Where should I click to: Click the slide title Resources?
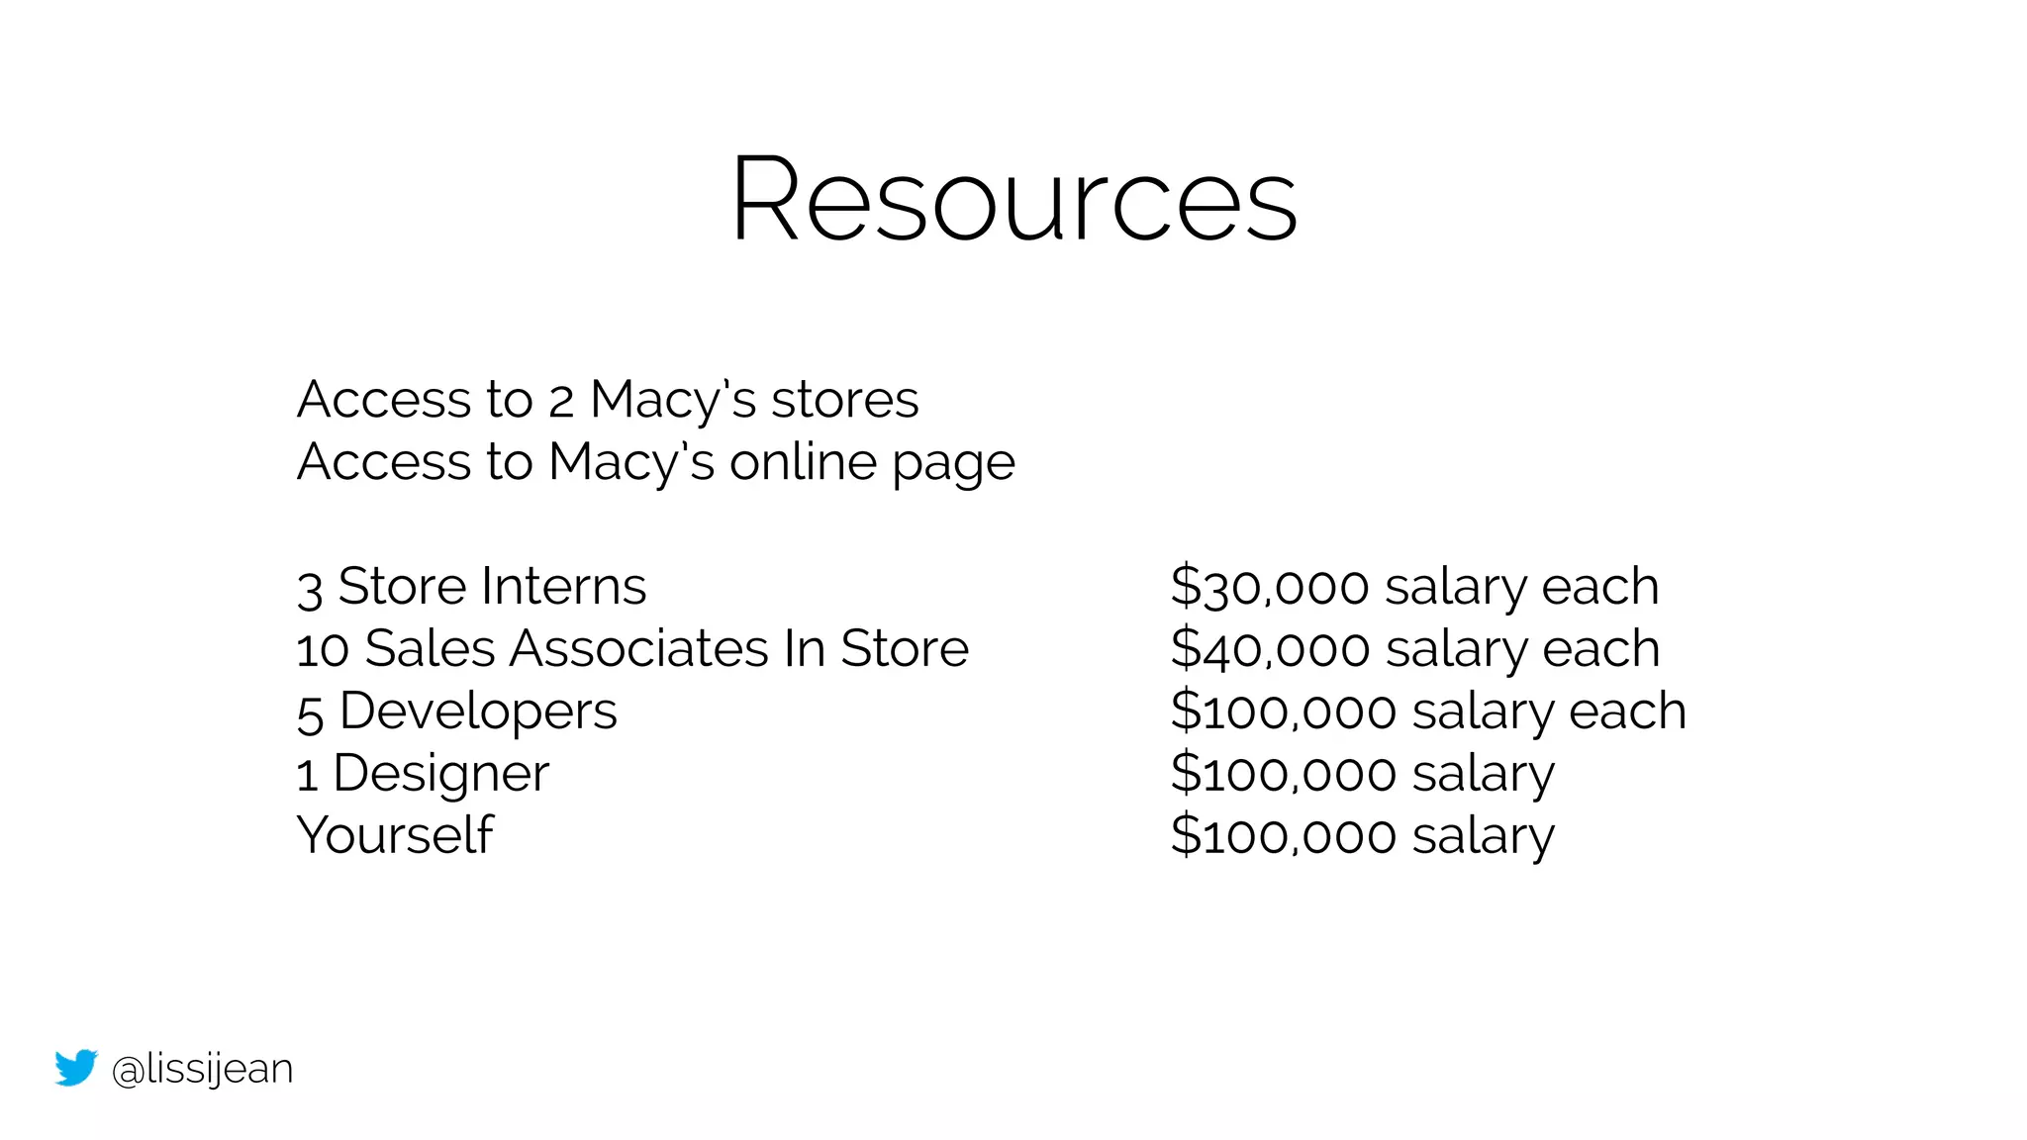coord(1013,200)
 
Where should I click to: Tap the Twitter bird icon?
coord(76,1068)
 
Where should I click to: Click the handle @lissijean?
coord(202,1069)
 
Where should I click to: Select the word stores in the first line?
coord(844,401)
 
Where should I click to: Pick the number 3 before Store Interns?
coord(310,589)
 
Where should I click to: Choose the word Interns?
coord(563,586)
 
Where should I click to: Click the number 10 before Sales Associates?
coord(323,650)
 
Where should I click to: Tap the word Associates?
coord(639,649)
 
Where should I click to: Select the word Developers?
coord(478,712)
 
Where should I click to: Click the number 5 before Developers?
coord(310,713)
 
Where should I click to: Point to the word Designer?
coord(440,774)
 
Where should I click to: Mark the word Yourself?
coord(395,835)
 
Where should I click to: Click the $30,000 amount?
coord(1270,588)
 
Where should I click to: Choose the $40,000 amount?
coord(1270,650)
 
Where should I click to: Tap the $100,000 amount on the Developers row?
coord(1284,712)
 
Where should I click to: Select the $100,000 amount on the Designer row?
coord(1284,774)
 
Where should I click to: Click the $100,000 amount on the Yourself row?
coord(1284,836)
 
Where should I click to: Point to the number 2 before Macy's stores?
coord(561,402)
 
